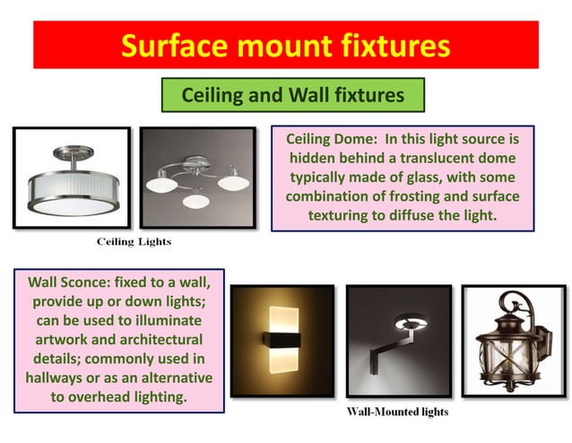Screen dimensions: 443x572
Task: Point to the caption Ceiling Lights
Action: click(x=134, y=242)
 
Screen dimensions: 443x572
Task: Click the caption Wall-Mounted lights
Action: click(x=397, y=412)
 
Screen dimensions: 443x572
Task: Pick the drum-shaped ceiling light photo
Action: click(x=71, y=178)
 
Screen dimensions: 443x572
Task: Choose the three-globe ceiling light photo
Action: click(x=198, y=178)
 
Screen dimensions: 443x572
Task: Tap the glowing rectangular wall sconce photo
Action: click(x=282, y=341)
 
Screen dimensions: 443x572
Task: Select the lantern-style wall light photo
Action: click(x=513, y=341)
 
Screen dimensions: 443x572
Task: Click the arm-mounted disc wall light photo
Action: click(x=399, y=341)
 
